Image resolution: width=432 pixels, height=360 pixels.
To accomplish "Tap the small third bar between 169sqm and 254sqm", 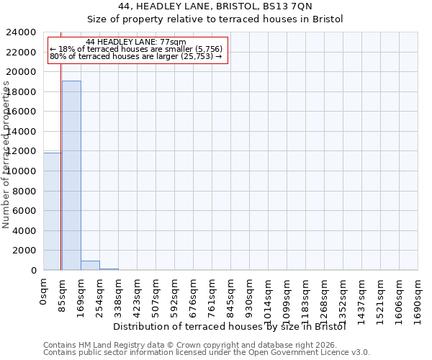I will pos(90,265).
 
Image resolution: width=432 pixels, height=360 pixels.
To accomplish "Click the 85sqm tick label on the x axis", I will pos(62,294).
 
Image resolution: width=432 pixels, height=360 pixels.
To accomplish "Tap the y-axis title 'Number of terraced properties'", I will pos(6,155).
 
